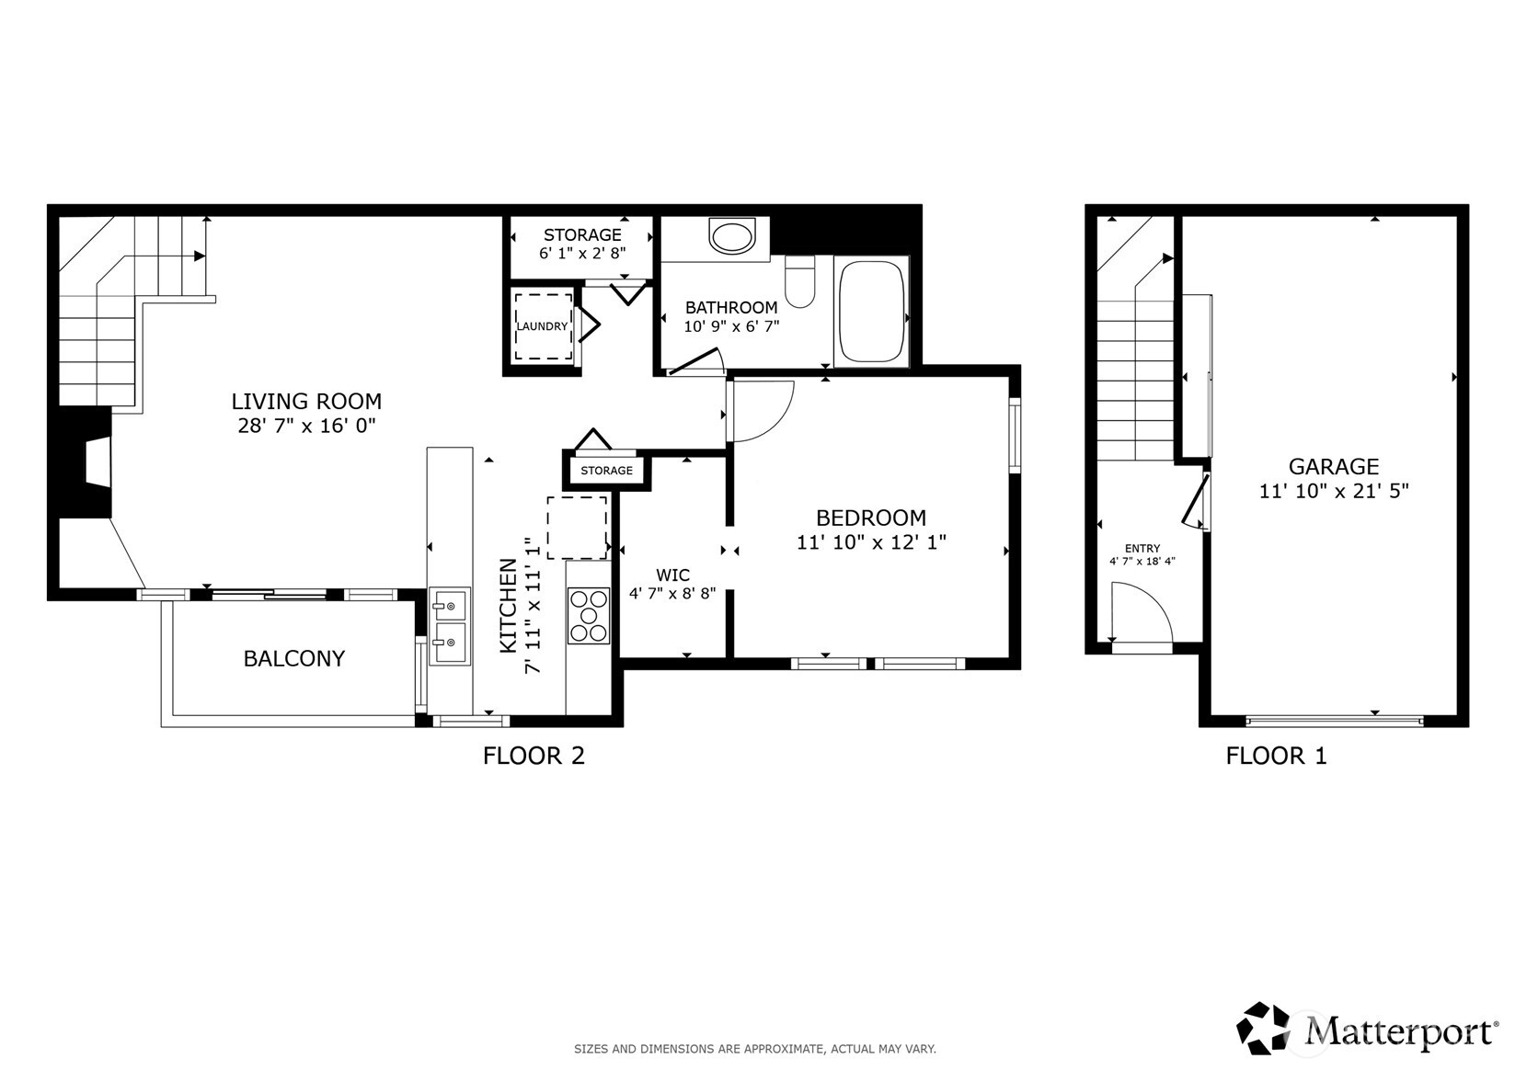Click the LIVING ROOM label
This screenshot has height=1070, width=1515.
pos(306,402)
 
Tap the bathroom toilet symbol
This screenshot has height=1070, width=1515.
pos(800,282)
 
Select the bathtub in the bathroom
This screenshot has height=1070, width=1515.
pos(872,312)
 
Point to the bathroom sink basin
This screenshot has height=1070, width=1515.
pos(732,236)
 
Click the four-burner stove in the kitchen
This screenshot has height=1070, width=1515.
pos(589,616)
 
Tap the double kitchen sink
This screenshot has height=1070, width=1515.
pos(450,626)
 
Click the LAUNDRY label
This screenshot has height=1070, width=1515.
pos(543,326)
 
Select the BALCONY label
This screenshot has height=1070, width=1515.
pos(294,658)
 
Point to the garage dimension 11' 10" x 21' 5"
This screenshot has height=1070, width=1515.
pos(1334,491)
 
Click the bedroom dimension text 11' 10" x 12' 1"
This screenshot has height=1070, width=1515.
pos(871,542)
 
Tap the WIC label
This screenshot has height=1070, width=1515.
pos(673,575)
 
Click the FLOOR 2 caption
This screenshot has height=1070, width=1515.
pos(534,756)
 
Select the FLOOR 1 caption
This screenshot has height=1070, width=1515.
pos(1276,756)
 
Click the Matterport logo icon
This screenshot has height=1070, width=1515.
pos(1263,1028)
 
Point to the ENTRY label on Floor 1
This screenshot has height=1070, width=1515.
pos(1142,548)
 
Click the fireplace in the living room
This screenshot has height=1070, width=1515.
pos(86,462)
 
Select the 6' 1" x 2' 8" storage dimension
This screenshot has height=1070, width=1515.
pos(582,254)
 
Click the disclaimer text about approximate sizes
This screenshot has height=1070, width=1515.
pos(755,1049)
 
